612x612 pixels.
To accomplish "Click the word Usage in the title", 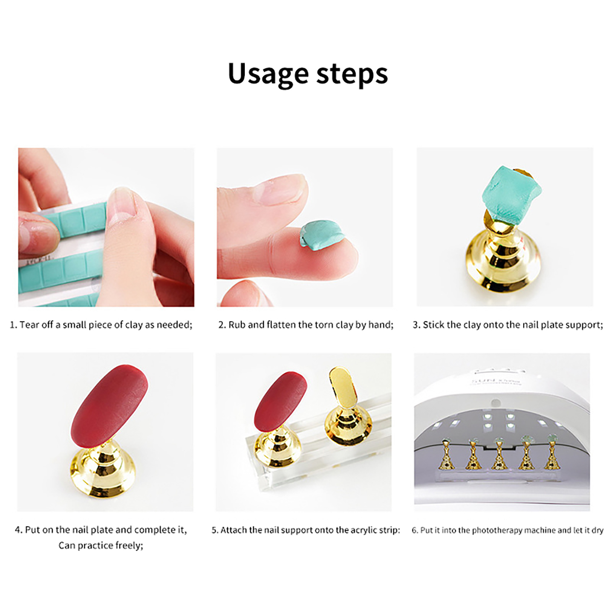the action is click(x=268, y=73).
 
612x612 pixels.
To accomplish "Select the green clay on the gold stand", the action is click(x=508, y=194).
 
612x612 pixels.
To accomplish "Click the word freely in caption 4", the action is click(x=128, y=545).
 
